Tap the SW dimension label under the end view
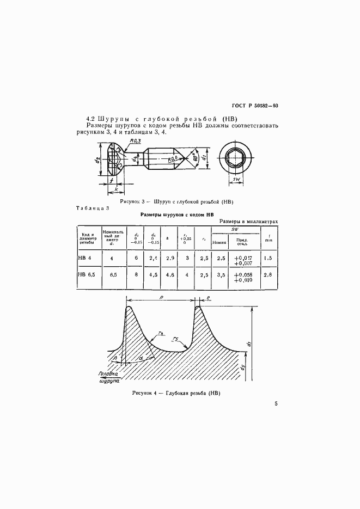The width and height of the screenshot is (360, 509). click(237, 179)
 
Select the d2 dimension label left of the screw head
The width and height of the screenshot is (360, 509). click(96, 161)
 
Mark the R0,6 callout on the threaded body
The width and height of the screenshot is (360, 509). click(174, 160)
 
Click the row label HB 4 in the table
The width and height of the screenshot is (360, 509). click(85, 259)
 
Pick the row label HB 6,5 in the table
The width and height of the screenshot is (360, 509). click(87, 277)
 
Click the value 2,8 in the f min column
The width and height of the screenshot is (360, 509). click(267, 276)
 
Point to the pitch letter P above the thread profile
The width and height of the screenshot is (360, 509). click(162, 297)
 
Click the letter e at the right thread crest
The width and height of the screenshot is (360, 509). click(208, 298)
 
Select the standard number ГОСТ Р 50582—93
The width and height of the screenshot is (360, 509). click(255, 106)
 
